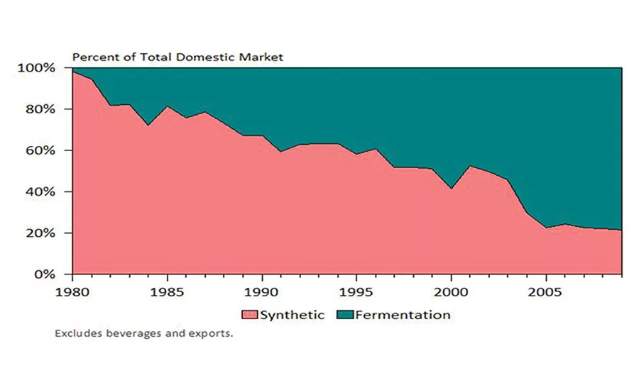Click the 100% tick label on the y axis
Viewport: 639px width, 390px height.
(35, 68)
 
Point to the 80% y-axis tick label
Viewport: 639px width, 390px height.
(39, 109)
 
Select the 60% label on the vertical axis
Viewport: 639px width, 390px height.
(39, 150)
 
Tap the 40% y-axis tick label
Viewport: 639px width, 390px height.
(39, 191)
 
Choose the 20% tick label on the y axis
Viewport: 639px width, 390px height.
(39, 233)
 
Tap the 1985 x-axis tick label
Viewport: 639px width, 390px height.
(168, 291)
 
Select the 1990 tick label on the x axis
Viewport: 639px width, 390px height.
(263, 291)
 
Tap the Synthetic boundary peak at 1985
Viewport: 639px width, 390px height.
(168, 106)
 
